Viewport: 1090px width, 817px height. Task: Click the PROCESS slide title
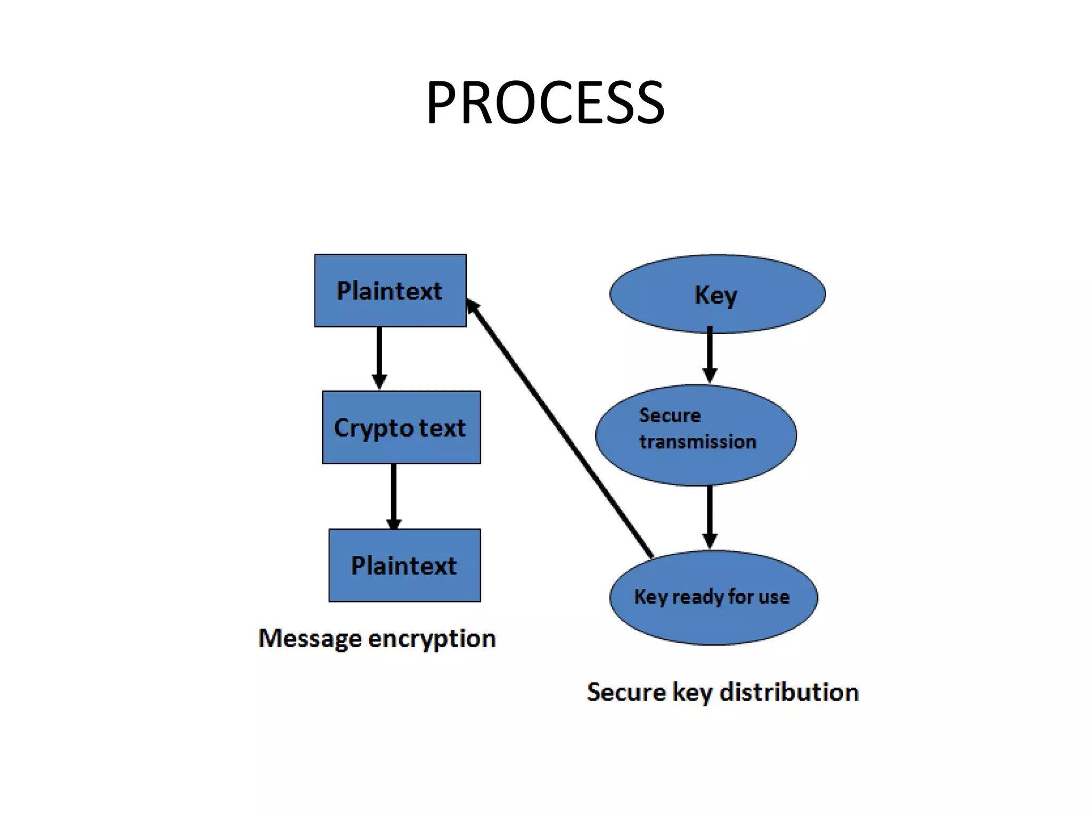click(545, 103)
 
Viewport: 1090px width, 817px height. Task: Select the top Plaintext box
click(390, 290)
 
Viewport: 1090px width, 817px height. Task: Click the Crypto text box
click(401, 428)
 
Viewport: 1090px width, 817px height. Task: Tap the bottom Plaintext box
click(404, 565)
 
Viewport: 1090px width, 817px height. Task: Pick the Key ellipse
click(717, 294)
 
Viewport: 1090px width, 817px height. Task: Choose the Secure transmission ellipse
click(696, 435)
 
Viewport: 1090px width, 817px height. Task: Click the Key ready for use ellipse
click(713, 597)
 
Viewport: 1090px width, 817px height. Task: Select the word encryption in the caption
click(432, 638)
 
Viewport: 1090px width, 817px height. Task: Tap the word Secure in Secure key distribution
click(626, 693)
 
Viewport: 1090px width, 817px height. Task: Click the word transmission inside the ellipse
click(697, 442)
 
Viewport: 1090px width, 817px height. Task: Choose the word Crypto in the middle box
click(371, 428)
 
